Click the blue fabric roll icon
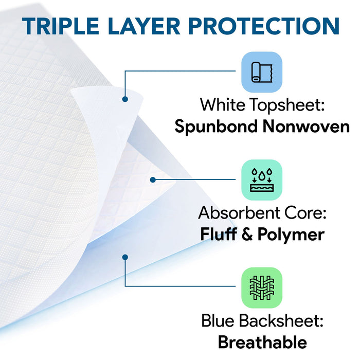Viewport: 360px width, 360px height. tap(262, 71)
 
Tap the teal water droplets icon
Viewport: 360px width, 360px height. tap(262, 180)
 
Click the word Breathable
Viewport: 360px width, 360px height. tap(262, 342)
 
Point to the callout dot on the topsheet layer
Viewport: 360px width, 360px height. tap(124, 99)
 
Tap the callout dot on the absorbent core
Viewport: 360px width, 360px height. tap(153, 179)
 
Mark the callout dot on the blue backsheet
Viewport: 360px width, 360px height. tap(124, 256)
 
